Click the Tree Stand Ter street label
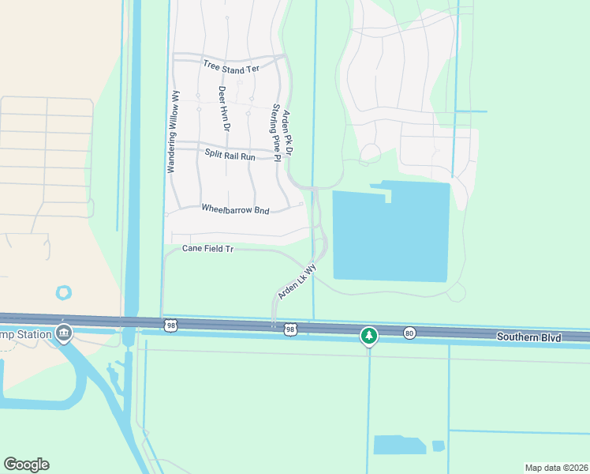coord(231,67)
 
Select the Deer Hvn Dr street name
coord(224,108)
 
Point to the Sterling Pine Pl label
coord(276,132)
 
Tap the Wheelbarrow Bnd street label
coord(236,210)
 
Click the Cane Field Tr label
coord(208,248)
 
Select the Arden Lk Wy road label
coord(297,281)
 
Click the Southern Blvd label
coord(528,337)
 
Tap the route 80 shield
coord(409,332)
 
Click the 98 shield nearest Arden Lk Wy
coord(290,329)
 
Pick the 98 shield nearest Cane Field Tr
coord(170,325)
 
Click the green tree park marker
coord(368,336)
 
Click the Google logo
coord(26,465)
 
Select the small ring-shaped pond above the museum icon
coord(64,292)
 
